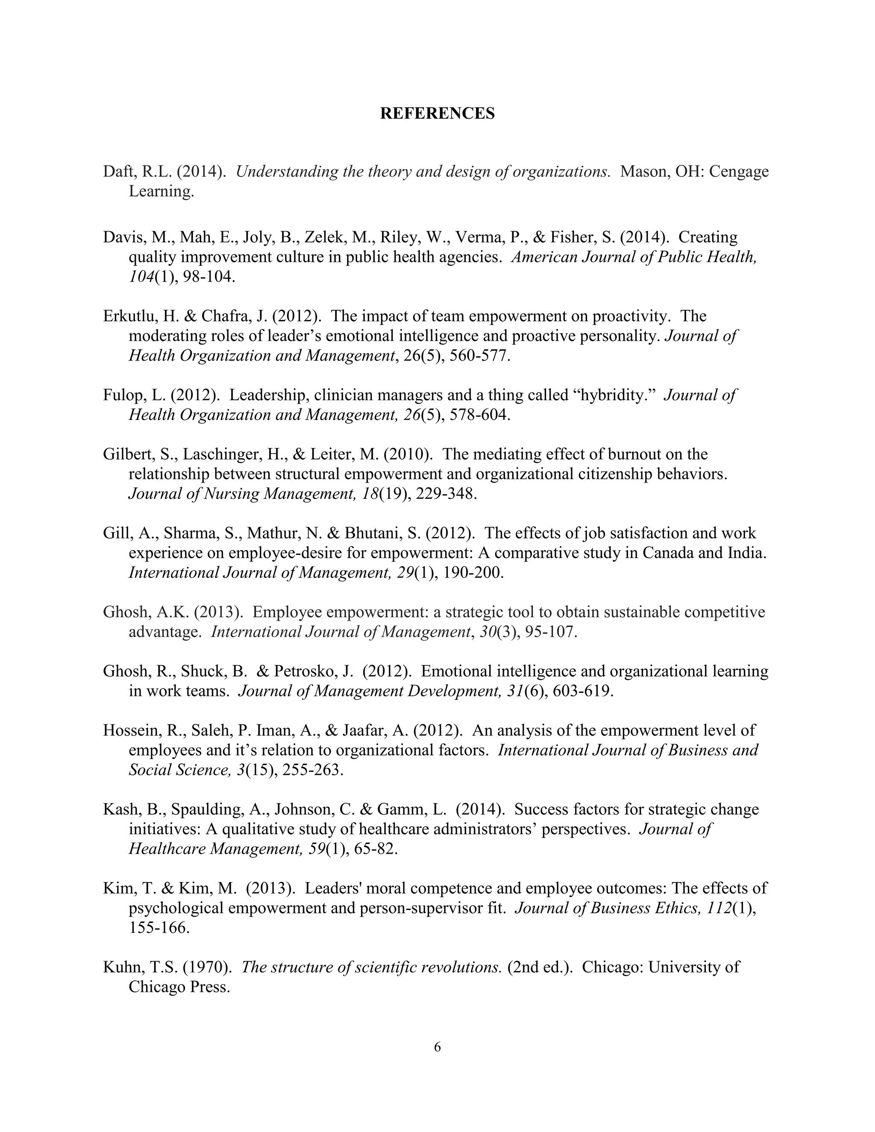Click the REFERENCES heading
[x=437, y=114]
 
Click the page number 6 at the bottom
[x=437, y=1047]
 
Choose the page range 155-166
[x=159, y=928]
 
